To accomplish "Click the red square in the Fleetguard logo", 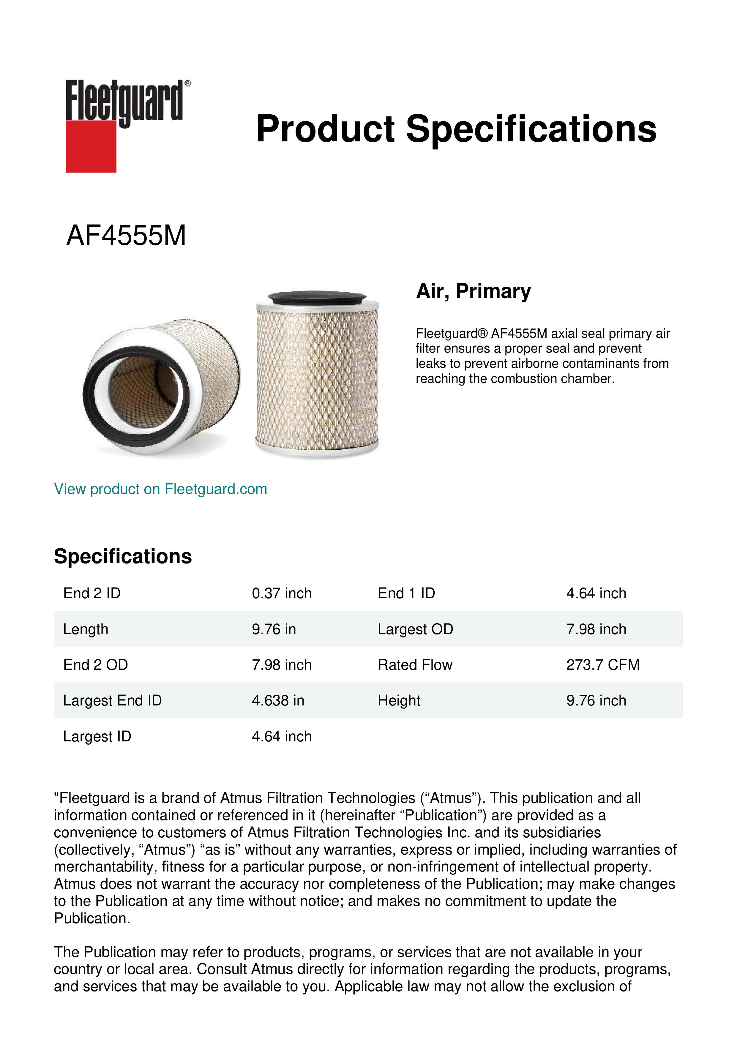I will [91, 146].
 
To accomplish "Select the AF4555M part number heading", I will [126, 236].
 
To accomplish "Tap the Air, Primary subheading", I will [473, 291].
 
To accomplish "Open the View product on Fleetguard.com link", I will [160, 489].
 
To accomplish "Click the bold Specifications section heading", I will [122, 556].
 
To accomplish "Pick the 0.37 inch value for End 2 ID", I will [281, 593].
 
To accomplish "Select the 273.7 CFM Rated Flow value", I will [603, 664].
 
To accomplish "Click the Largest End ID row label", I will [112, 700].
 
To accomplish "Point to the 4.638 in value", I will [278, 700].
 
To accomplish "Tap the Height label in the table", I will [399, 700].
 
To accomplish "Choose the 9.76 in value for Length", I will [274, 629].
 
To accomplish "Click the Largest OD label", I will [415, 629].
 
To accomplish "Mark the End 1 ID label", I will [406, 593].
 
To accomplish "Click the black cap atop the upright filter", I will [317, 298].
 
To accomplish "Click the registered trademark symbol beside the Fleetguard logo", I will [188, 83].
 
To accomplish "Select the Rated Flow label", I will [415, 664].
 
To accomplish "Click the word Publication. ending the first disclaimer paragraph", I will [92, 918].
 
